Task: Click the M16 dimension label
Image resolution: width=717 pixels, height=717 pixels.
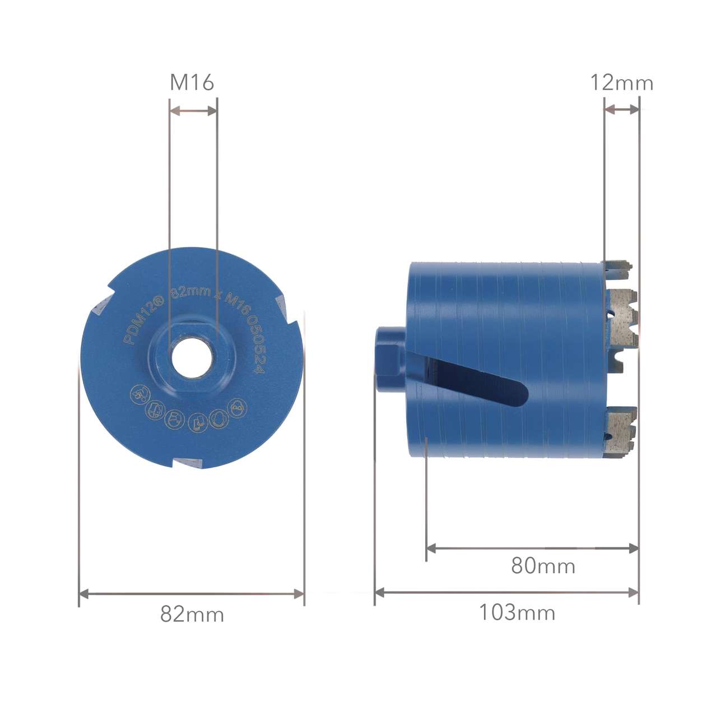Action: coord(192,82)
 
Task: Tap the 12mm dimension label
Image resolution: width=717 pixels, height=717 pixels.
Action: coord(621,82)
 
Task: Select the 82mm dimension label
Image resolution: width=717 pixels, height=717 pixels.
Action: coord(192,614)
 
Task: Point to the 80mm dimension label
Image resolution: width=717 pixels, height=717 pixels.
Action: coord(543,566)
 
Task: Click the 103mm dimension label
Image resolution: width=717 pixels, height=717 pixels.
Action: coord(517,612)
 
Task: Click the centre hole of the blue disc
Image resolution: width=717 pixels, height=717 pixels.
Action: coord(192,358)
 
